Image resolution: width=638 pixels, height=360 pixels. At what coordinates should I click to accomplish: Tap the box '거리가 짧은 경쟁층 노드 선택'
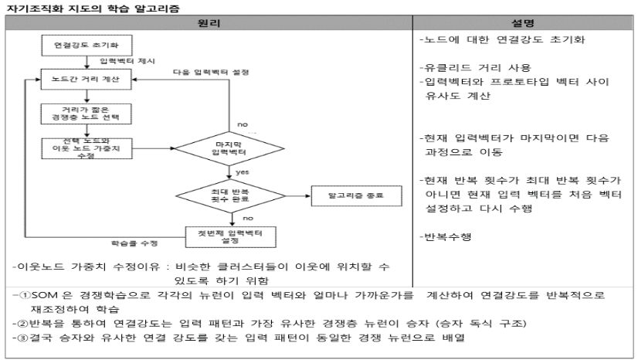pyautogui.click(x=87, y=113)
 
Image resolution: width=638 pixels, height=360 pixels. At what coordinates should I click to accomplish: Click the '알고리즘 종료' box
pyautogui.click(x=347, y=194)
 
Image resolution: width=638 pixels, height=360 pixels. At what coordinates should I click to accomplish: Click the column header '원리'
pyautogui.click(x=209, y=23)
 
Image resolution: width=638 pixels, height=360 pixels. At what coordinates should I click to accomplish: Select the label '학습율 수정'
pyautogui.click(x=137, y=243)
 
